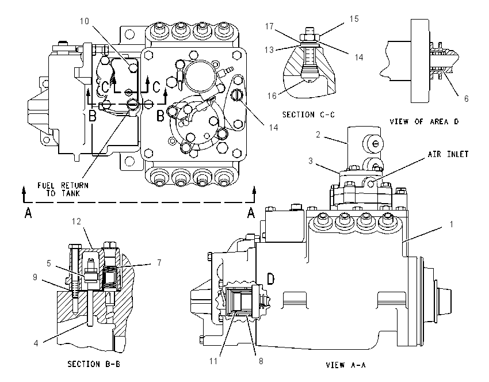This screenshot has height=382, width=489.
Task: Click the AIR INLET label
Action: pyautogui.click(x=448, y=154)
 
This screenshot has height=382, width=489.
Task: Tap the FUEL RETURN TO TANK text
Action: pyautogui.click(x=63, y=189)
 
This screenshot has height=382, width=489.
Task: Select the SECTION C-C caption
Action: pyautogui.click(x=308, y=114)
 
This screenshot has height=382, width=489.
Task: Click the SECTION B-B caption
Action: pyautogui.click(x=94, y=364)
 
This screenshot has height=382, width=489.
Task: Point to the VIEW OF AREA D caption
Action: pyautogui.click(x=424, y=121)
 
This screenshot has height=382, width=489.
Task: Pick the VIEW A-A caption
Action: pyautogui.click(x=346, y=365)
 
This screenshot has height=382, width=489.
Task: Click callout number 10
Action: pyautogui.click(x=84, y=21)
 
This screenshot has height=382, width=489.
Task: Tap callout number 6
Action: pyautogui.click(x=466, y=99)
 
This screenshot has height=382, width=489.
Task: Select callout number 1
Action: pyautogui.click(x=451, y=224)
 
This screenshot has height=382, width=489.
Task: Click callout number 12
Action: pyautogui.click(x=77, y=221)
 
